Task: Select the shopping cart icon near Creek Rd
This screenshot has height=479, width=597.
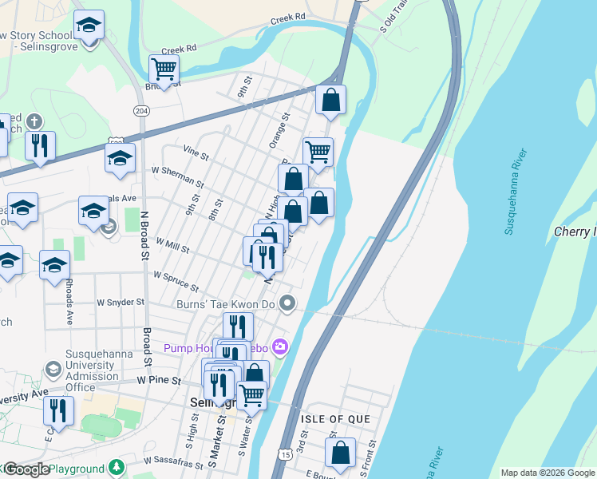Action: (164, 69)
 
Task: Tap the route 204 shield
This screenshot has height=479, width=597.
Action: (141, 110)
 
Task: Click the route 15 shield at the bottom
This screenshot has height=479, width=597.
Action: (285, 454)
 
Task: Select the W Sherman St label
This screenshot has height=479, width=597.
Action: (177, 176)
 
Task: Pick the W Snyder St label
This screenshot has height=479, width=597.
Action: (120, 303)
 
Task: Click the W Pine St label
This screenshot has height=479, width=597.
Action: (160, 380)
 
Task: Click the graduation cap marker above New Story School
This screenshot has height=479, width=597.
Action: (89, 26)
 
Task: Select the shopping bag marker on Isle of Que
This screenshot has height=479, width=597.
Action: (341, 452)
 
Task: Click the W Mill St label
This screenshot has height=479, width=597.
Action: (172, 244)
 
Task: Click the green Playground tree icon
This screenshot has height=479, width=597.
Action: (117, 466)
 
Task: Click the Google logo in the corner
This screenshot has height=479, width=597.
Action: (26, 469)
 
